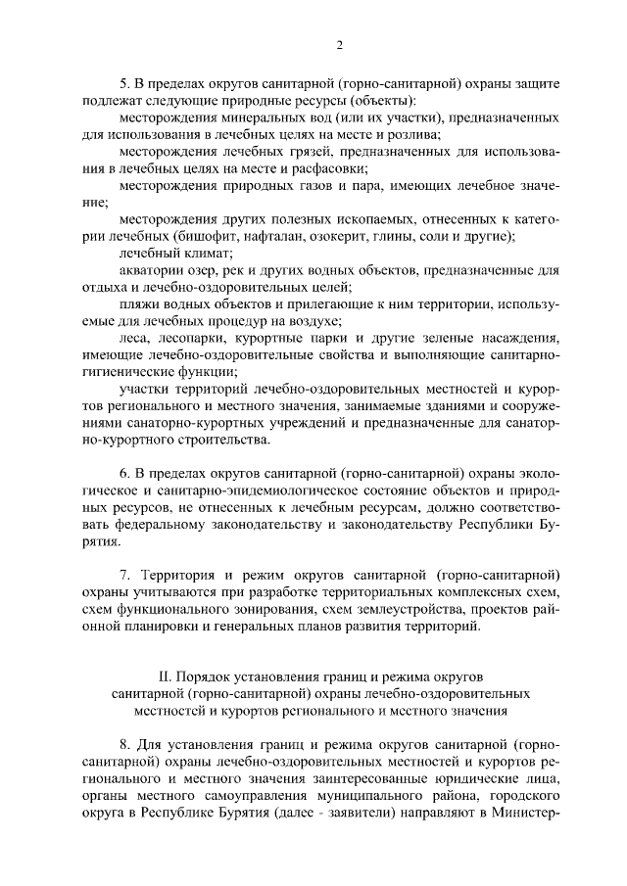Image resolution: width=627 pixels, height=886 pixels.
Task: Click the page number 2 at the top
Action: click(338, 45)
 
